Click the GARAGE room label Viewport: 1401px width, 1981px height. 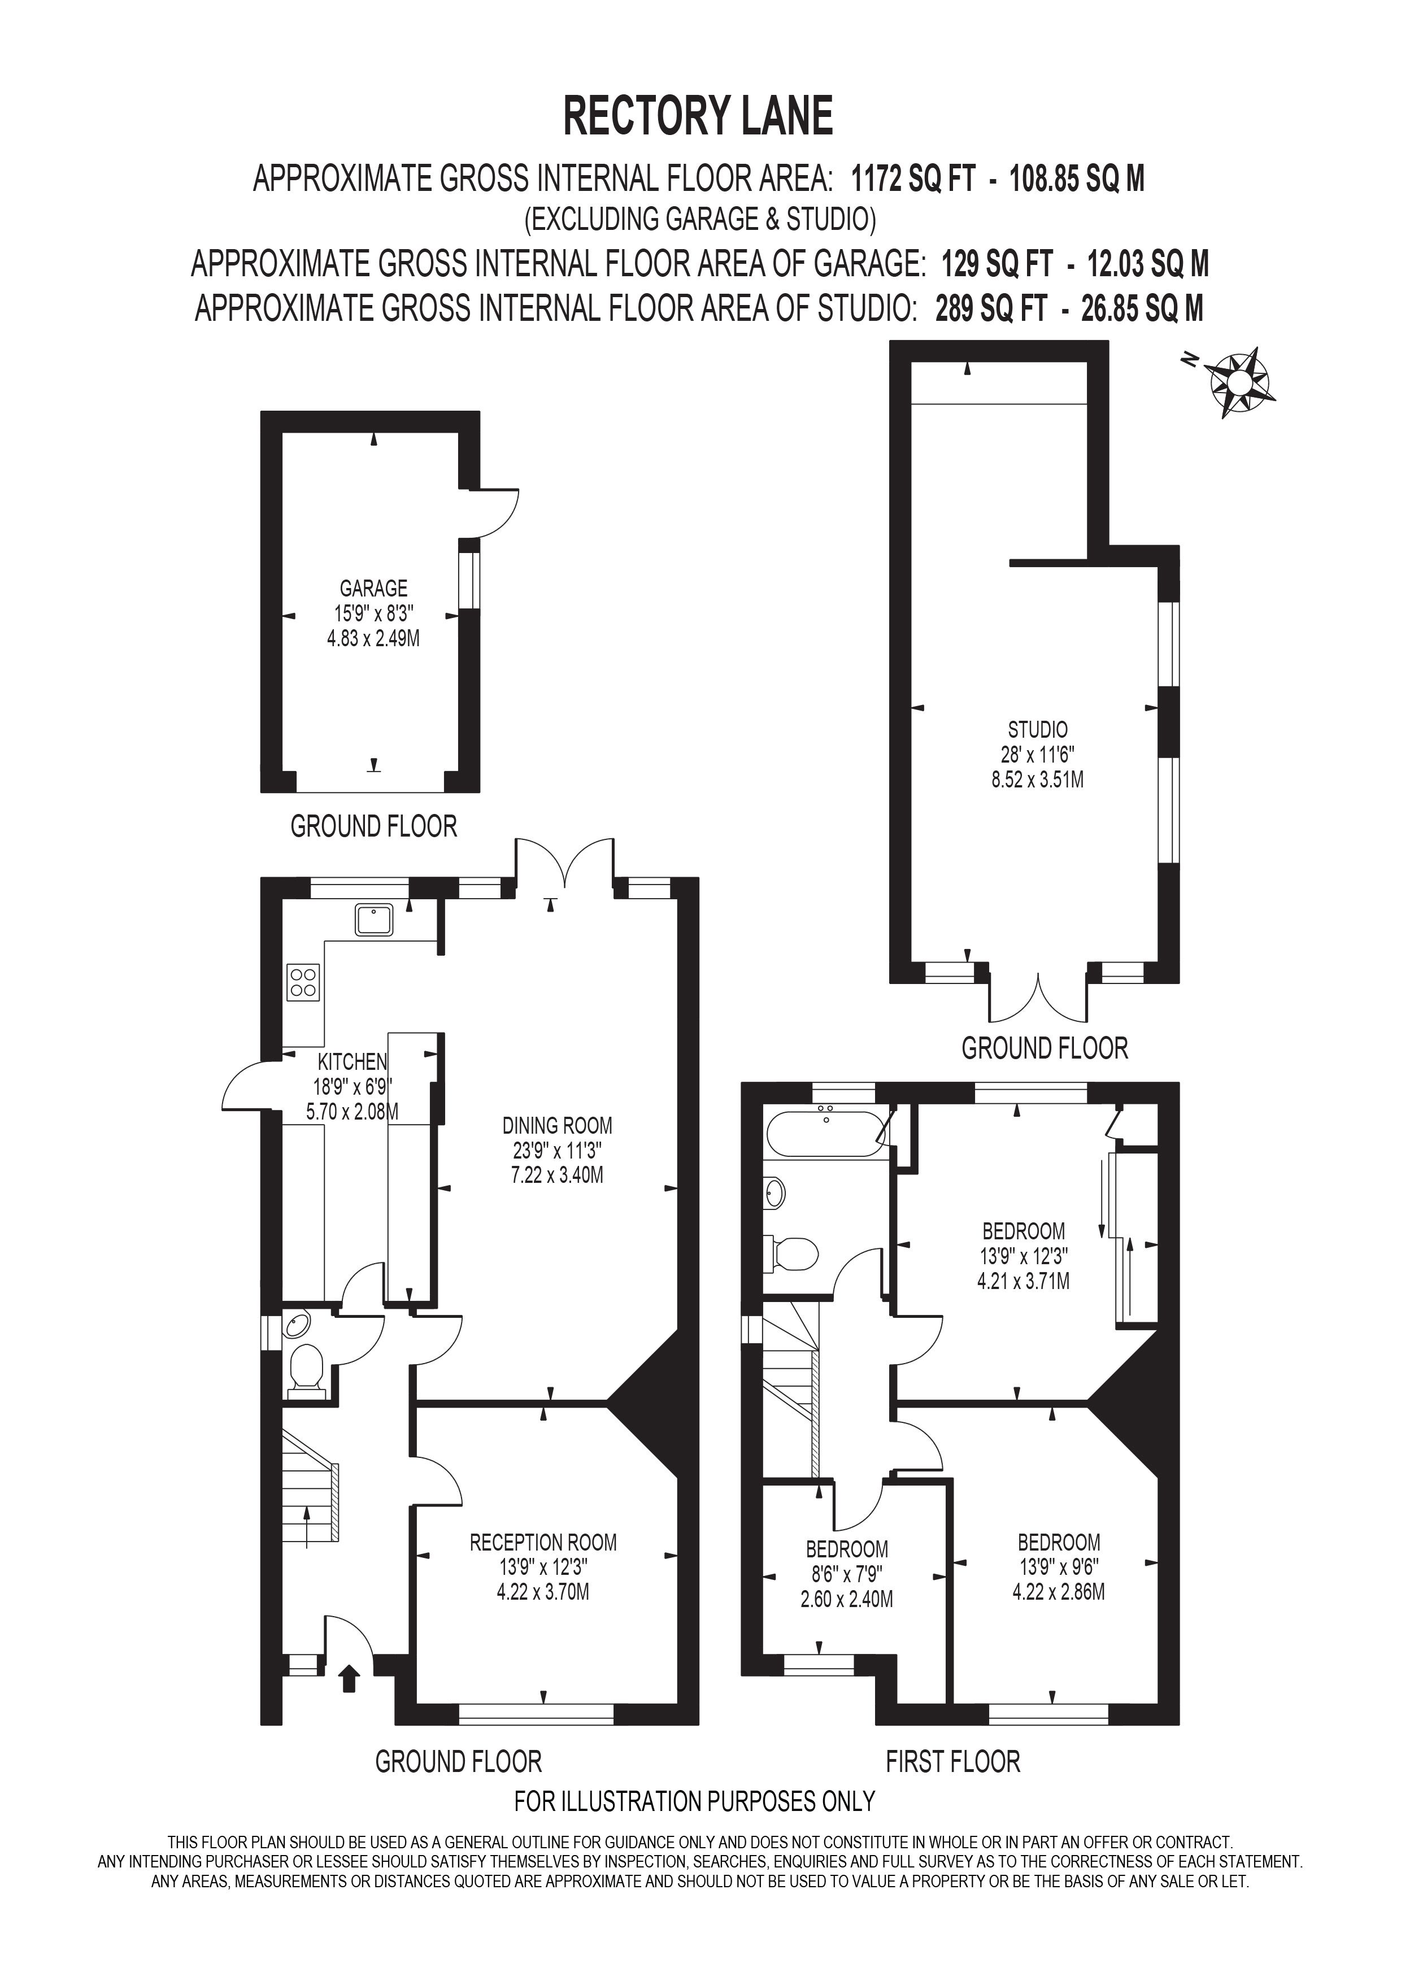pyautogui.click(x=373, y=589)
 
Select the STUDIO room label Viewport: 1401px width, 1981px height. pyautogui.click(x=1038, y=729)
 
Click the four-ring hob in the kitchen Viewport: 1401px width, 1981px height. pyautogui.click(x=303, y=982)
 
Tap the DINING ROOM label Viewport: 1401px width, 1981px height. pyautogui.click(x=558, y=1125)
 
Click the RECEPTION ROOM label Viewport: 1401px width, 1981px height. pyautogui.click(x=543, y=1542)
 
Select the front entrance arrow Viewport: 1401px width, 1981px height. pyautogui.click(x=349, y=1679)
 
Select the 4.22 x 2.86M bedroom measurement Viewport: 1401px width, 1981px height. pyautogui.click(x=1059, y=1591)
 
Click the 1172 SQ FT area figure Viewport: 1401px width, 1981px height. pyautogui.click(x=913, y=180)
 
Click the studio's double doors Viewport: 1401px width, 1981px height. pyautogui.click(x=1039, y=998)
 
